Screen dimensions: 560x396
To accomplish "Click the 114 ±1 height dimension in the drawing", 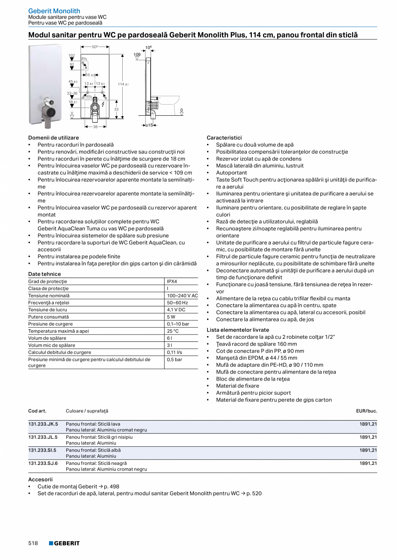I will click(x=123, y=84).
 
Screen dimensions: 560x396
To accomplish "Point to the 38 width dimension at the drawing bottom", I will click(x=95, y=127).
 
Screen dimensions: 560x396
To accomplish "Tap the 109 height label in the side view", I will click(x=137, y=55).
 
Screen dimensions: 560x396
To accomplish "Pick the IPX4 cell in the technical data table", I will click(x=172, y=282).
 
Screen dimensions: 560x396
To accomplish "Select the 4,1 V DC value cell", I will click(x=176, y=309).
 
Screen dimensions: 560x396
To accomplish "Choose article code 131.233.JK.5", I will click(x=43, y=424).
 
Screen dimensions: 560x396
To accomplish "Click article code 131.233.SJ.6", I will click(x=43, y=463).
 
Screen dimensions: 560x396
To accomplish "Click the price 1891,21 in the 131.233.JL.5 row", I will click(x=368, y=437).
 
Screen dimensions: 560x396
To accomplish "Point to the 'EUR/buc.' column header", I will click(x=366, y=411).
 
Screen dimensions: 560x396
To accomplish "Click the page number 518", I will click(x=33, y=543).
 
